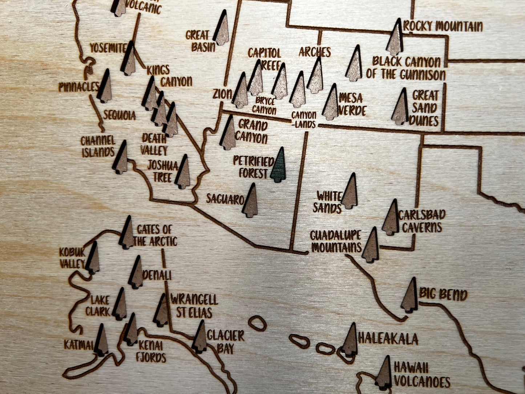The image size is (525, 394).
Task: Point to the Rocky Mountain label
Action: tap(443, 26)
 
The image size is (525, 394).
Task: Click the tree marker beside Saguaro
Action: tap(250, 201)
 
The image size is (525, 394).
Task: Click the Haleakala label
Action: tap(388, 339)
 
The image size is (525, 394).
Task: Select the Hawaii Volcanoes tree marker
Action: tap(384, 373)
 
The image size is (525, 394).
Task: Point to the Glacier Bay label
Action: tap(225, 341)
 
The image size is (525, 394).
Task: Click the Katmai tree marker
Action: tap(101, 341)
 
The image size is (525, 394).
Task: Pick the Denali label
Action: tap(157, 275)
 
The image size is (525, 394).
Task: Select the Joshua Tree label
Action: tap(162, 171)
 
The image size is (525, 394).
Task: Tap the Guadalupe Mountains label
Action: tap(336, 241)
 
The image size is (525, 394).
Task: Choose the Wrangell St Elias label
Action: tap(194, 306)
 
